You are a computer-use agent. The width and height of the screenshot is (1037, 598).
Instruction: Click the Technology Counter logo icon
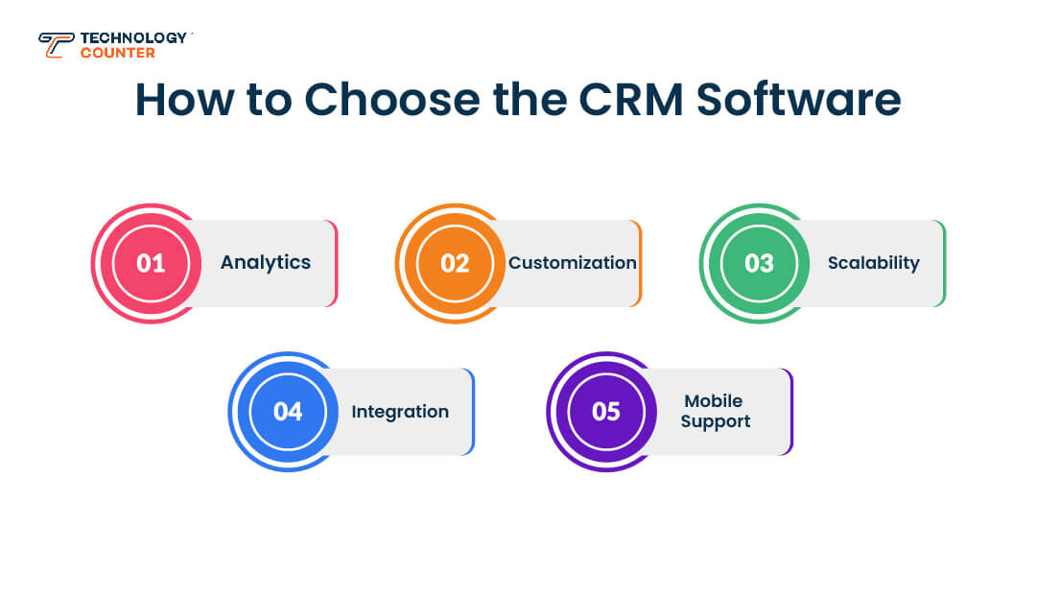(x=56, y=44)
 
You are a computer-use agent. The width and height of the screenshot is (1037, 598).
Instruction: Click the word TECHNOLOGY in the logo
(x=133, y=37)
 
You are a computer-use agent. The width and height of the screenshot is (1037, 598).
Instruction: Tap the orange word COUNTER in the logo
(x=117, y=53)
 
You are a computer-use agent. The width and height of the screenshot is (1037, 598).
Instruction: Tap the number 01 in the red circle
(x=151, y=263)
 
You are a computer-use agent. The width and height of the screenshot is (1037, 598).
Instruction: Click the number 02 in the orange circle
(x=455, y=263)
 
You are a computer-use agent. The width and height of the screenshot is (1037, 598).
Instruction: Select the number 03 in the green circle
(x=759, y=263)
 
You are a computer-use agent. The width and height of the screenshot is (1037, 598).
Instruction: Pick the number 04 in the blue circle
(x=288, y=412)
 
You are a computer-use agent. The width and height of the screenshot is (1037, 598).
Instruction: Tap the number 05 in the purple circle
(x=606, y=412)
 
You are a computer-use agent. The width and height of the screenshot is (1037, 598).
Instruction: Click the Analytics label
(x=266, y=262)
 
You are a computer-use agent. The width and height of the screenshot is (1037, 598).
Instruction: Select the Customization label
(x=573, y=262)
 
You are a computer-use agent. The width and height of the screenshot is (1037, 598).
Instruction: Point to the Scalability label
(x=874, y=262)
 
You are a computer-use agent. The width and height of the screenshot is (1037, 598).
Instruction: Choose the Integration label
(x=400, y=412)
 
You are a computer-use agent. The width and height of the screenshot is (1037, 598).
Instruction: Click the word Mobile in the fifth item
(x=714, y=401)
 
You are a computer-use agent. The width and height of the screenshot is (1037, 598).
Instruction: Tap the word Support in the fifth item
(x=716, y=421)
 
